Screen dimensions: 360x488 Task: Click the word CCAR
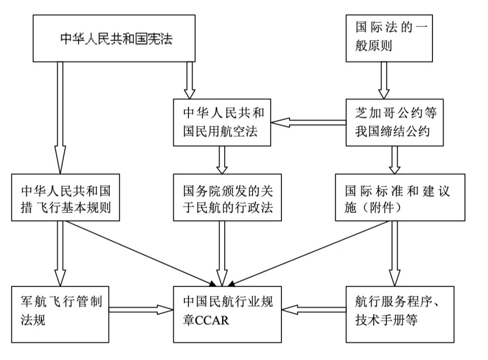[x=212, y=321]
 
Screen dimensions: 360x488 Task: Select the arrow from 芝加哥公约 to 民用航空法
[x=309, y=122]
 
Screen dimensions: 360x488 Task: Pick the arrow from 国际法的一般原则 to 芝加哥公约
[x=383, y=80]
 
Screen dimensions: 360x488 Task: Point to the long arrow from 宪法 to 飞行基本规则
[x=60, y=118]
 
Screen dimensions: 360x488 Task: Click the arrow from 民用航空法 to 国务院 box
[x=222, y=160]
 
